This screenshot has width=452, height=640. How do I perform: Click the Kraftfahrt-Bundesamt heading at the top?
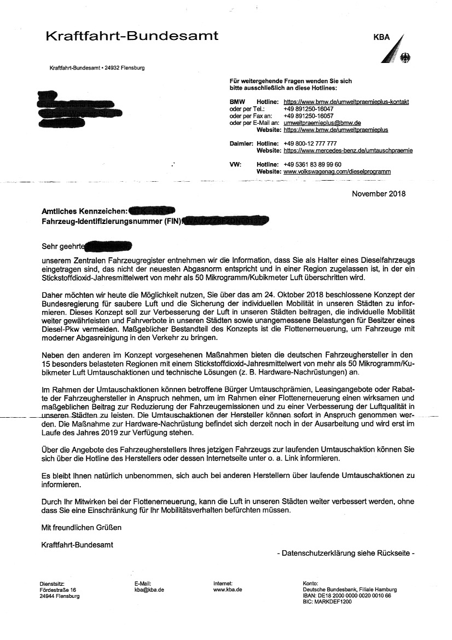coord(131,36)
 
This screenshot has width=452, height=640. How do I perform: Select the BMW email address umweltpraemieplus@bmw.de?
coord(322,123)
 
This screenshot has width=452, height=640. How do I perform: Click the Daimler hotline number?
coord(310,143)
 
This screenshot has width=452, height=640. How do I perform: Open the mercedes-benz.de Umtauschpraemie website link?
coord(348,151)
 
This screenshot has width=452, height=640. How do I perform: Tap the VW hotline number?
coord(312,164)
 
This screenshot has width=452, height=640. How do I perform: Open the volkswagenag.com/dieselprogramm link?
coord(337,171)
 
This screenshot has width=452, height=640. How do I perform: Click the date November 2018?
coord(379,194)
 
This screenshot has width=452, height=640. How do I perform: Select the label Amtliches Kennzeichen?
coord(85,211)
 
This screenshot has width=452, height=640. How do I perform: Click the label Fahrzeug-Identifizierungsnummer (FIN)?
coord(112,221)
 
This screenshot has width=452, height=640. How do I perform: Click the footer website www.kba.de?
coord(228,590)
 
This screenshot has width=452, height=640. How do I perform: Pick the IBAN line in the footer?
coord(346,596)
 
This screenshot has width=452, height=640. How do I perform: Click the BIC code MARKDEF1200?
coord(327,602)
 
